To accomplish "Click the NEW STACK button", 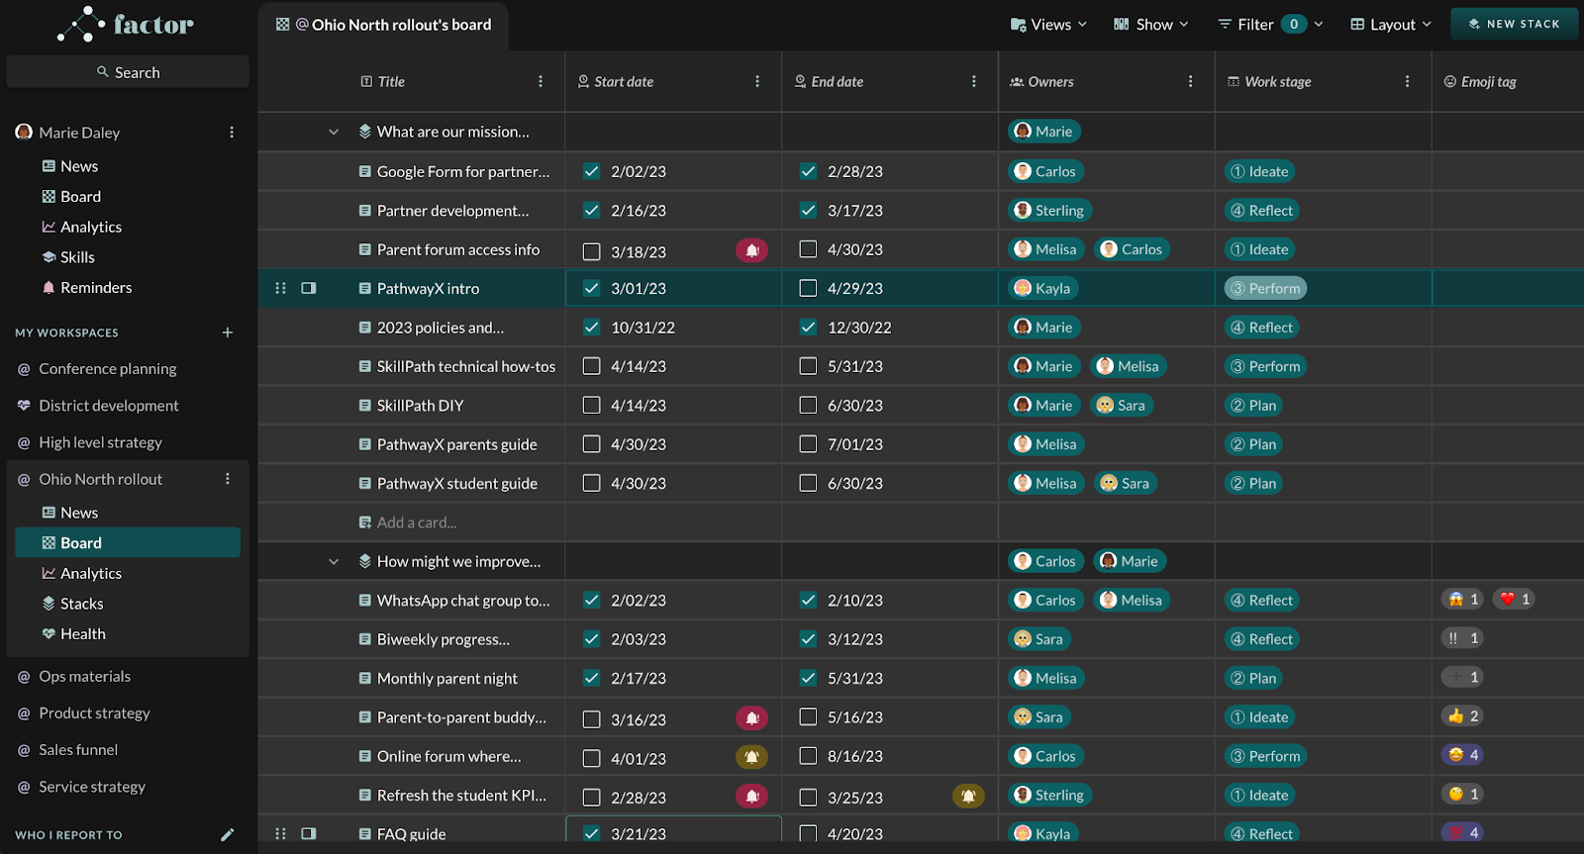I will point(1514,24).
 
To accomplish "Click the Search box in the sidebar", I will point(128,72).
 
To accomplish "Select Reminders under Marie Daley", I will point(95,288).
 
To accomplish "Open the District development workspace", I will point(108,406).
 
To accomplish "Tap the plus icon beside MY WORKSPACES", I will point(228,332).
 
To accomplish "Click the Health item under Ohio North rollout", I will point(82,634).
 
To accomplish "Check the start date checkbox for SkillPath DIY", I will point(592,406).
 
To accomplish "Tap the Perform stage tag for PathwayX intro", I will point(1265,289).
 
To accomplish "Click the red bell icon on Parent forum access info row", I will point(751,250).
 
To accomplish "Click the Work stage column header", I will point(1277,82).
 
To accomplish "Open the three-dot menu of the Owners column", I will point(1190,82).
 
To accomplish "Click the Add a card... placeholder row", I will point(416,522).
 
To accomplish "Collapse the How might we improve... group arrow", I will point(334,562).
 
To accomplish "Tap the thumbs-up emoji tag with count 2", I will point(1462,716).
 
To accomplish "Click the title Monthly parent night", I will point(446,679).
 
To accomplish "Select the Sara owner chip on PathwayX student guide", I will point(1125,484).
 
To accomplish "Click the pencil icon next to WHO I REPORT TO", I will point(228,835).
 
